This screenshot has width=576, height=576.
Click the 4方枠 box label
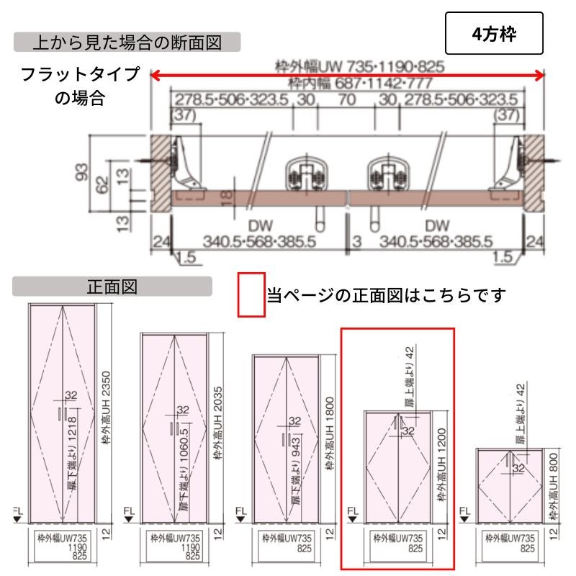point(493,33)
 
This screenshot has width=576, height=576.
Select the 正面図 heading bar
point(112,287)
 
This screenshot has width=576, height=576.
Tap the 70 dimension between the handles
point(346,99)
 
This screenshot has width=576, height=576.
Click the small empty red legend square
point(252,294)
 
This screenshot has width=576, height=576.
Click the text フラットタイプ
point(80,75)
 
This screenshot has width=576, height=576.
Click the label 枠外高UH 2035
point(217,424)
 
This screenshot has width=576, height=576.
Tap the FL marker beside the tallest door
point(18,514)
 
